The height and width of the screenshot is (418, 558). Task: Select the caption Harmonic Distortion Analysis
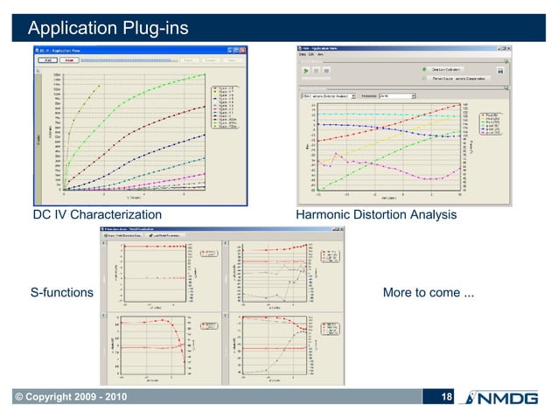377,214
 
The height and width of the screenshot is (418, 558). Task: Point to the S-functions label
61,292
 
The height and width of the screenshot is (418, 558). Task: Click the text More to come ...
429,292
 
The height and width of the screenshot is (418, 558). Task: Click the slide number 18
446,399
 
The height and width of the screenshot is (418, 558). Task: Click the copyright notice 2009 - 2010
67,399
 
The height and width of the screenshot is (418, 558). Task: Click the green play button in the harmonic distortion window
305,69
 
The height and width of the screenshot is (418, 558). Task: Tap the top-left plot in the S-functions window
166,271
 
